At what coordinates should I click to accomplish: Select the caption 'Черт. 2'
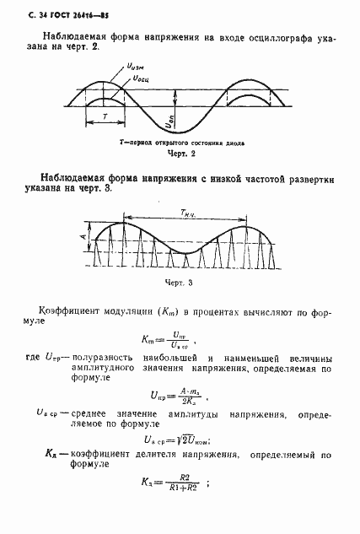pyautogui.click(x=182, y=155)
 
